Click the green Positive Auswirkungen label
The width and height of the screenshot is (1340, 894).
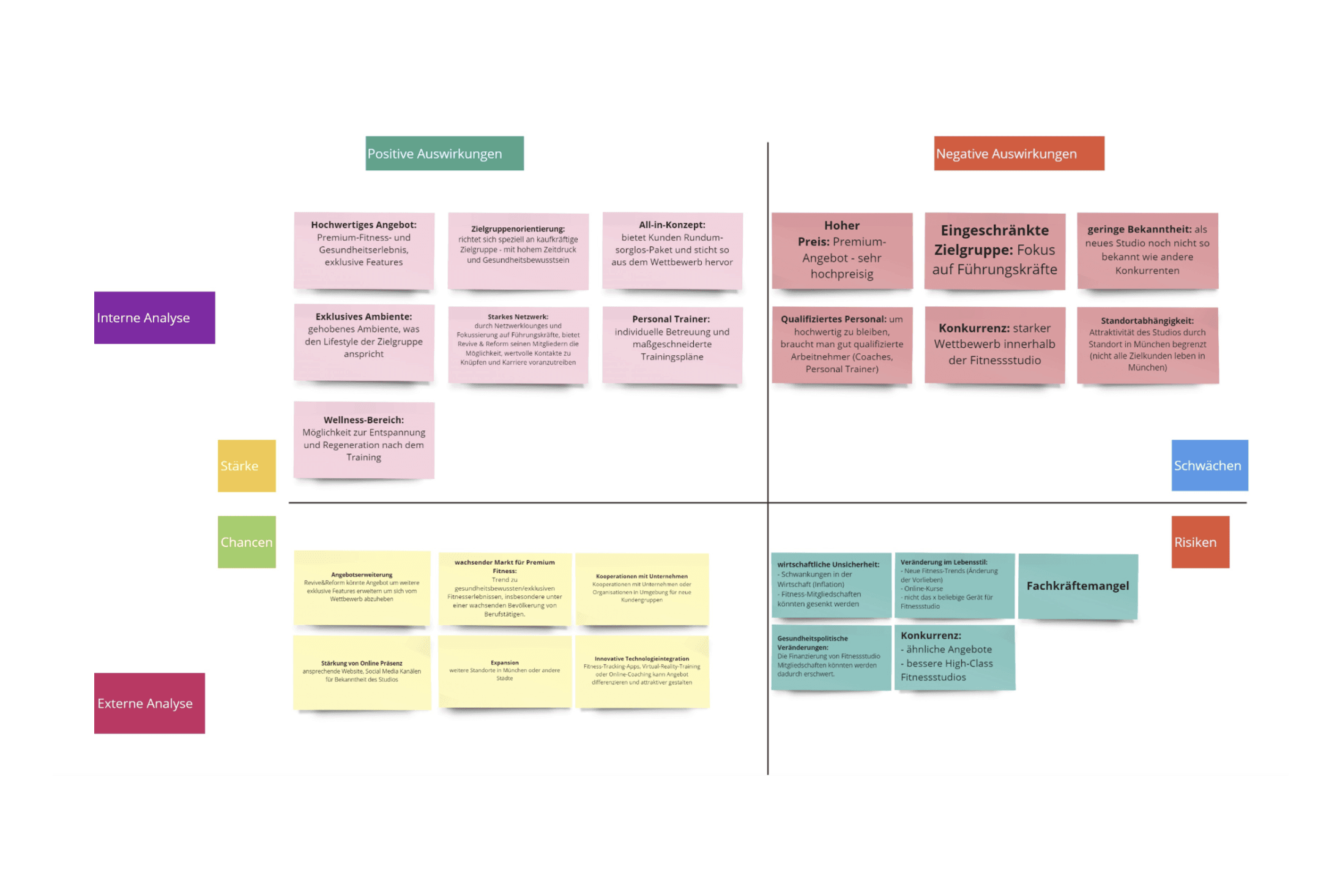pyautogui.click(x=444, y=153)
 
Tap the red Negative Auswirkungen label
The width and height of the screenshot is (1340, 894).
pyautogui.click(x=1019, y=153)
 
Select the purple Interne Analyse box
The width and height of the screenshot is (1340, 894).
pyautogui.click(x=154, y=317)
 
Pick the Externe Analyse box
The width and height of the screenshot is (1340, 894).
pyautogui.click(x=149, y=703)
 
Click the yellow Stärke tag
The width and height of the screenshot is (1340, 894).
pyautogui.click(x=247, y=465)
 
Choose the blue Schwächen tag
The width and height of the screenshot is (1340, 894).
pyautogui.click(x=1209, y=465)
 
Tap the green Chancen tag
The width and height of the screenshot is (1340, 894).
pyautogui.click(x=247, y=542)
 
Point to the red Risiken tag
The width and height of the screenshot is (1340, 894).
pyautogui.click(x=1200, y=542)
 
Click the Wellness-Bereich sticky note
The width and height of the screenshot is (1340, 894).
pyautogui.click(x=363, y=440)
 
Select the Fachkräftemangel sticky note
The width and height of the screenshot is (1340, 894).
pyautogui.click(x=1078, y=586)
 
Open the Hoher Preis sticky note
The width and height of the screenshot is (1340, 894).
pyautogui.click(x=841, y=250)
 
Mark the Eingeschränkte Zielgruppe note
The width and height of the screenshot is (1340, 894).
pyautogui.click(x=994, y=250)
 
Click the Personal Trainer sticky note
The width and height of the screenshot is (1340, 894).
pyautogui.click(x=672, y=344)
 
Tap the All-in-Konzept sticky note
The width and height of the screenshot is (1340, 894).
pyautogui.click(x=672, y=250)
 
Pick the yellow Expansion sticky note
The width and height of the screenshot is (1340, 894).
pyautogui.click(x=504, y=671)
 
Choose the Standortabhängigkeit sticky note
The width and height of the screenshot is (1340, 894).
pyautogui.click(x=1147, y=344)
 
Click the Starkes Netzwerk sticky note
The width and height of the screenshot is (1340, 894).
pyautogui.click(x=518, y=344)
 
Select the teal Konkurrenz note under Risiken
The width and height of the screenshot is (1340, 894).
pyautogui.click(x=954, y=656)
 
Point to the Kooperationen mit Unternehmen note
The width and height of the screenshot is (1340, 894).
pyautogui.click(x=641, y=588)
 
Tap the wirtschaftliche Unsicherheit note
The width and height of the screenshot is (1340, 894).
pyautogui.click(x=830, y=585)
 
